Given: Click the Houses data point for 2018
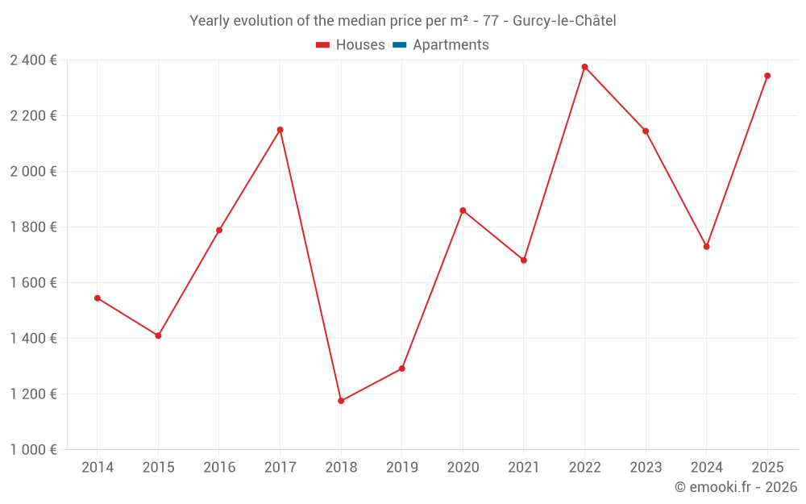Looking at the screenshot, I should click(341, 401).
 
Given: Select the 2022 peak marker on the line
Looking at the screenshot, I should click(584, 67).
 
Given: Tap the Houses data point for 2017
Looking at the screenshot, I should click(280, 130).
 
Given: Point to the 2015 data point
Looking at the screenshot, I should click(158, 335).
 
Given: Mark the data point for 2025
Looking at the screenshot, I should click(767, 76).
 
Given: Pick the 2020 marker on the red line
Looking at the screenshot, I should click(463, 210).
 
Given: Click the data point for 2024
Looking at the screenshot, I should click(706, 247).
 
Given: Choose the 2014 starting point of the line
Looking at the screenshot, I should click(98, 298).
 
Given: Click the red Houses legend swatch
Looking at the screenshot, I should click(323, 45).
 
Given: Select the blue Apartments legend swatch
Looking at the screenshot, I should click(399, 45).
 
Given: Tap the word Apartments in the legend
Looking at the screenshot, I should click(451, 45).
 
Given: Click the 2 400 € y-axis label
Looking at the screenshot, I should click(33, 60).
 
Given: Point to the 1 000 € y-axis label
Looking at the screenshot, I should click(33, 450).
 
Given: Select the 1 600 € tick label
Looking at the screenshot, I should click(33, 283).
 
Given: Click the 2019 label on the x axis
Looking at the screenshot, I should click(401, 468).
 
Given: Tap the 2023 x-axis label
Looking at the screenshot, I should click(645, 468).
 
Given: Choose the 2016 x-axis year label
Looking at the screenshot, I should click(219, 468).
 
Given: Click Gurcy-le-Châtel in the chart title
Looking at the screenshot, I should click(564, 21).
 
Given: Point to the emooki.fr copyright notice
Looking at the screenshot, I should click(735, 487).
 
